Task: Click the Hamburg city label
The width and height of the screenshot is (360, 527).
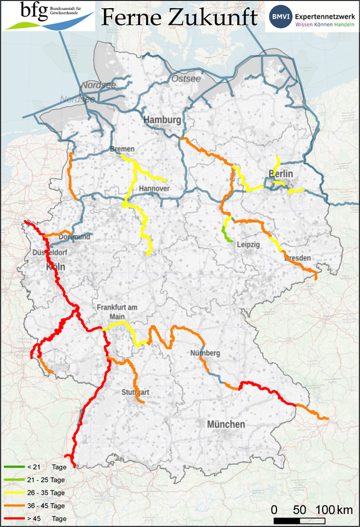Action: [162, 120]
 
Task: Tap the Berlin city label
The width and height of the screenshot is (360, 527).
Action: [280, 173]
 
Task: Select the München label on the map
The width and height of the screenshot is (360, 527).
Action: [226, 424]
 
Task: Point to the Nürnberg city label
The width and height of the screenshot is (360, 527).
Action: [206, 354]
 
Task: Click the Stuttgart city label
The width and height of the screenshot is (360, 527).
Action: [136, 392]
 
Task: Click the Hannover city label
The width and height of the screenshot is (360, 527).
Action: [154, 188]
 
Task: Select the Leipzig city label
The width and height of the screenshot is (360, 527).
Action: [247, 245]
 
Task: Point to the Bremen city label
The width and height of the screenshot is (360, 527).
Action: [121, 150]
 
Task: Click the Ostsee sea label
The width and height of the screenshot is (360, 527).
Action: [186, 78]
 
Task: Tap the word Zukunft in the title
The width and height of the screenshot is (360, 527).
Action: [212, 17]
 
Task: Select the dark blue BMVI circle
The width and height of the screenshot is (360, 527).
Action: [280, 17]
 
